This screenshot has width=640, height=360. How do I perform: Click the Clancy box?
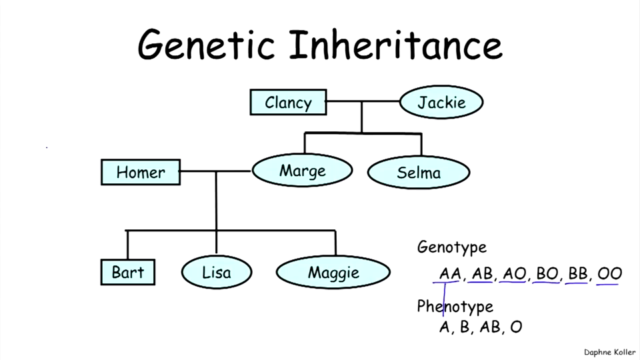pyautogui.click(x=288, y=103)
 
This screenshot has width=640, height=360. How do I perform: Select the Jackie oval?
pyautogui.click(x=441, y=103)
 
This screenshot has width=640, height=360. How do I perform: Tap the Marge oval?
pyautogui.click(x=302, y=171)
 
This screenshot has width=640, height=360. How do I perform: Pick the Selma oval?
pyautogui.click(x=419, y=173)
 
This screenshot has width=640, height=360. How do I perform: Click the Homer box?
pyautogui.click(x=141, y=173)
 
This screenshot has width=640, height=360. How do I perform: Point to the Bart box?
pyautogui.click(x=128, y=273)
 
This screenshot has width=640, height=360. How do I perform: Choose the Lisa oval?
pyautogui.click(x=217, y=273)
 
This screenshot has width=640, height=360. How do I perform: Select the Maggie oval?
pyautogui.click(x=333, y=273)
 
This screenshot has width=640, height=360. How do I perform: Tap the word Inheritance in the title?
pyautogui.click(x=395, y=44)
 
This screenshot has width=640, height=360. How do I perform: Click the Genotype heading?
pyautogui.click(x=451, y=247)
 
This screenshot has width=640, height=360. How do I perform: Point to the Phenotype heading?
pyautogui.click(x=455, y=307)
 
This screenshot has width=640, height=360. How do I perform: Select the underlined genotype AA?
pyautogui.click(x=450, y=273)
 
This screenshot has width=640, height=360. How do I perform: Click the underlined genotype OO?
pyautogui.click(x=609, y=273)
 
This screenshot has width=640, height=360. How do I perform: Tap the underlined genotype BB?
pyautogui.click(x=577, y=273)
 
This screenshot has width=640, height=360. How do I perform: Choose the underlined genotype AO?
pyautogui.click(x=514, y=273)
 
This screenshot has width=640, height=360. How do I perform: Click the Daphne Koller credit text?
pyautogui.click(x=609, y=352)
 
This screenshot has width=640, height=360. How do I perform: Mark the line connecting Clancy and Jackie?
pyautogui.click(x=363, y=101)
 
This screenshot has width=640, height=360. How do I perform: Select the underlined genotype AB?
pyautogui.click(x=481, y=273)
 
